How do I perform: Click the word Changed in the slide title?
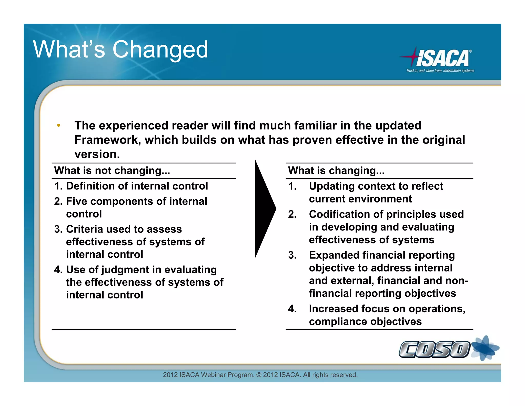(160, 50)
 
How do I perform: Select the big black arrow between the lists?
(264, 209)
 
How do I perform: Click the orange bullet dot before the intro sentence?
(59, 125)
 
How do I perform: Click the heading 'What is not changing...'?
(112, 171)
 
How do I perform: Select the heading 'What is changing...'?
(336, 171)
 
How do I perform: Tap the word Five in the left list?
(77, 201)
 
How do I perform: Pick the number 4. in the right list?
(292, 309)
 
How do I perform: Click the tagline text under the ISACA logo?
(440, 71)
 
